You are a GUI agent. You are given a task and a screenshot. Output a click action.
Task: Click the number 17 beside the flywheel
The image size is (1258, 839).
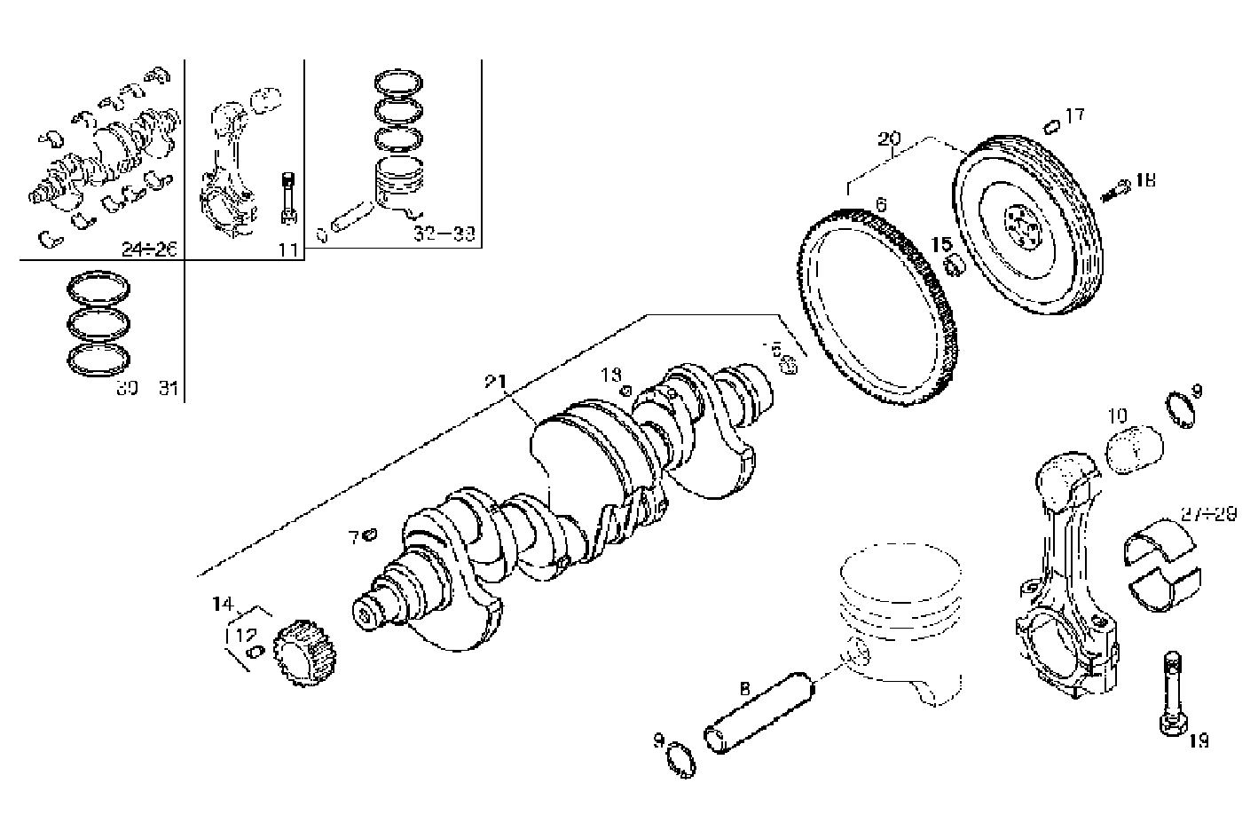tap(1074, 115)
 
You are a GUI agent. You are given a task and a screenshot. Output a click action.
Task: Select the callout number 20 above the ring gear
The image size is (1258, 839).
tap(889, 139)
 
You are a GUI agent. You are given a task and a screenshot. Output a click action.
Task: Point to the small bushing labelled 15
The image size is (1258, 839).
tap(955, 265)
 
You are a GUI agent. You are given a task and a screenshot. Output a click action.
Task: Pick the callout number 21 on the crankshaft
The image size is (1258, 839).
tap(494, 382)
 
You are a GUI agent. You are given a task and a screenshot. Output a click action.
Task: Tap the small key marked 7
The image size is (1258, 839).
tap(371, 534)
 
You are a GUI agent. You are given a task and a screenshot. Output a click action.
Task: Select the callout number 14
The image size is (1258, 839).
tap(222, 605)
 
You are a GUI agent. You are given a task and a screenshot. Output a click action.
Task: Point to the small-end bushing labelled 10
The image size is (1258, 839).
tap(1136, 450)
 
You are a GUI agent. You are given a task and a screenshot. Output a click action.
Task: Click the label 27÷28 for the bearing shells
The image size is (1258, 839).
tap(1208, 513)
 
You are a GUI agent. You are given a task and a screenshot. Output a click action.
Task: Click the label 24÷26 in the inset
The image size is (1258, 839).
tap(150, 250)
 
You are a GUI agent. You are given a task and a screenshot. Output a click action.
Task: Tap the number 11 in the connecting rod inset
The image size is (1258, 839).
tap(287, 250)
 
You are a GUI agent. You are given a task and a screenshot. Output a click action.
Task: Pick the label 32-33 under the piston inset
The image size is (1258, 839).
tap(444, 234)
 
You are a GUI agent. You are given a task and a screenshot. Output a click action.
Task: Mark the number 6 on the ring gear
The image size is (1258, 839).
tap(880, 205)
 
